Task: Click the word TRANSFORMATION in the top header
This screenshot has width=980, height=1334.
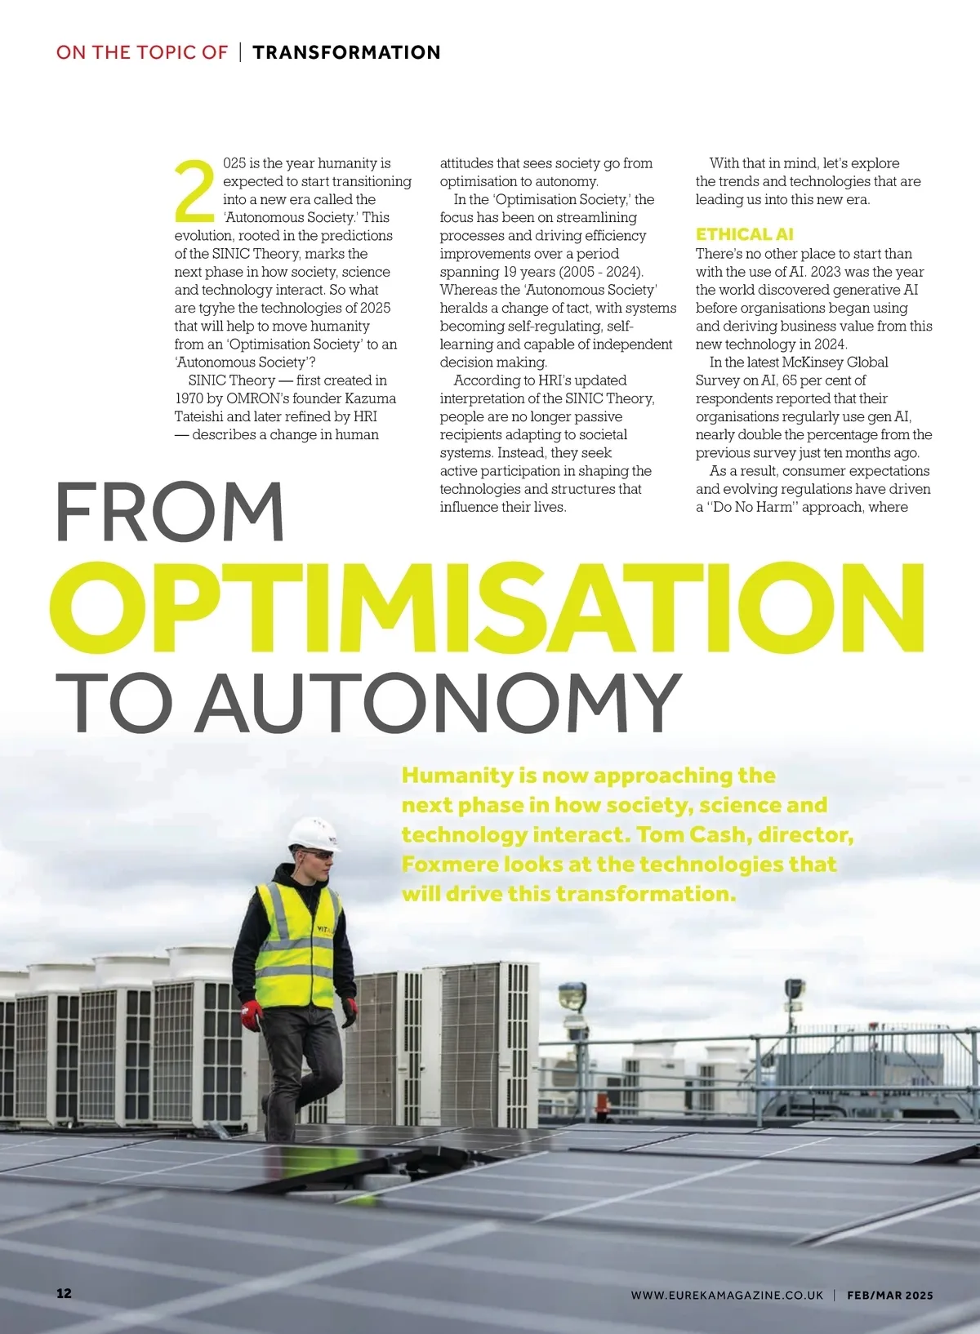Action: pos(346,52)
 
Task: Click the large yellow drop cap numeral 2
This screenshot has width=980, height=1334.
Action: pos(194,192)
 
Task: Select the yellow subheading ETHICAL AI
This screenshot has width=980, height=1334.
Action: pos(744,234)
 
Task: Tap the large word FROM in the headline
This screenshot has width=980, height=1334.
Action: pos(170,513)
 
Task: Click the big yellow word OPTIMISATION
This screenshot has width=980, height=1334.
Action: pos(488,608)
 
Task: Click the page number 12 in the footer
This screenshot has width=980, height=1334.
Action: pos(64,1294)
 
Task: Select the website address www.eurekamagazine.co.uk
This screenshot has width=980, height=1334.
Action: pos(726,1295)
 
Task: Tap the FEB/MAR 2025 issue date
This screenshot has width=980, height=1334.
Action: pos(889,1295)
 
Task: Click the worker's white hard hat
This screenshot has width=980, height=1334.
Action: pos(314,834)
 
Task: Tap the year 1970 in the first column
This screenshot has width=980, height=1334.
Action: pos(189,398)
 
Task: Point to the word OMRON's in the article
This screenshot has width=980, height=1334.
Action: pos(263,398)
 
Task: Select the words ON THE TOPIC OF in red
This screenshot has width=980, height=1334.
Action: pos(141,52)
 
